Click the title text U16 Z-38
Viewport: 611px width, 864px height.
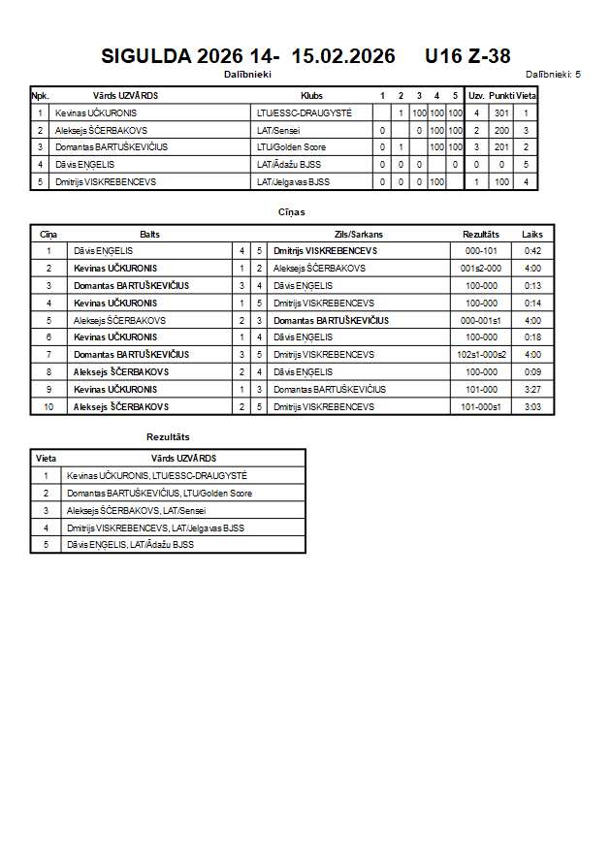pyautogui.click(x=467, y=56)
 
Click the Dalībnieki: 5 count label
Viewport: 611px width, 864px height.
pyautogui.click(x=553, y=74)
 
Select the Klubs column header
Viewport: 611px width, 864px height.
pyautogui.click(x=312, y=96)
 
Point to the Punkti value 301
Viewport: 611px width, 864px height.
pyautogui.click(x=501, y=113)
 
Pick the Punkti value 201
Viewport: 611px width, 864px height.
pyautogui.click(x=501, y=147)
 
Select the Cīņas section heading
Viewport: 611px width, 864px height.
pyautogui.click(x=292, y=210)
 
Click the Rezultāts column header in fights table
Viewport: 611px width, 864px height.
pyautogui.click(x=480, y=235)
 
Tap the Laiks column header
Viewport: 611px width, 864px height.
pyautogui.click(x=532, y=235)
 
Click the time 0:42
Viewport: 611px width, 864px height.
pyautogui.click(x=532, y=251)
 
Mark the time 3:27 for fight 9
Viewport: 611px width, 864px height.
pyautogui.click(x=532, y=390)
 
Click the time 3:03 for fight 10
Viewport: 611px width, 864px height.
pyautogui.click(x=532, y=407)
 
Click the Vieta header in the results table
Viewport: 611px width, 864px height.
pyautogui.click(x=46, y=458)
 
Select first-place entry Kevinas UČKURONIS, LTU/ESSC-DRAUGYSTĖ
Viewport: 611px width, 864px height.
pyautogui.click(x=157, y=475)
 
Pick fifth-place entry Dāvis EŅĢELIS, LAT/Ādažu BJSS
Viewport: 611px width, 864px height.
pyautogui.click(x=130, y=545)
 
